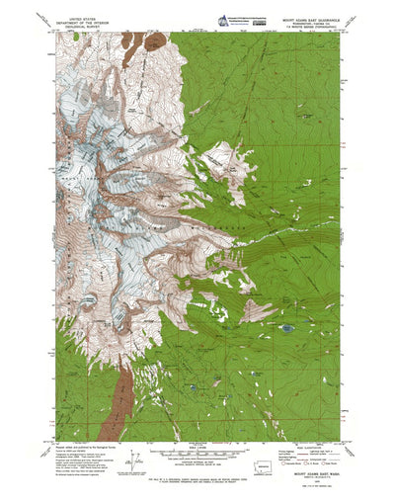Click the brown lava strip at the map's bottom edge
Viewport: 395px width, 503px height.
(x=125, y=415)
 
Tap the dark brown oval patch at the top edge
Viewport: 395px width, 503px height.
(x=155, y=42)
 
